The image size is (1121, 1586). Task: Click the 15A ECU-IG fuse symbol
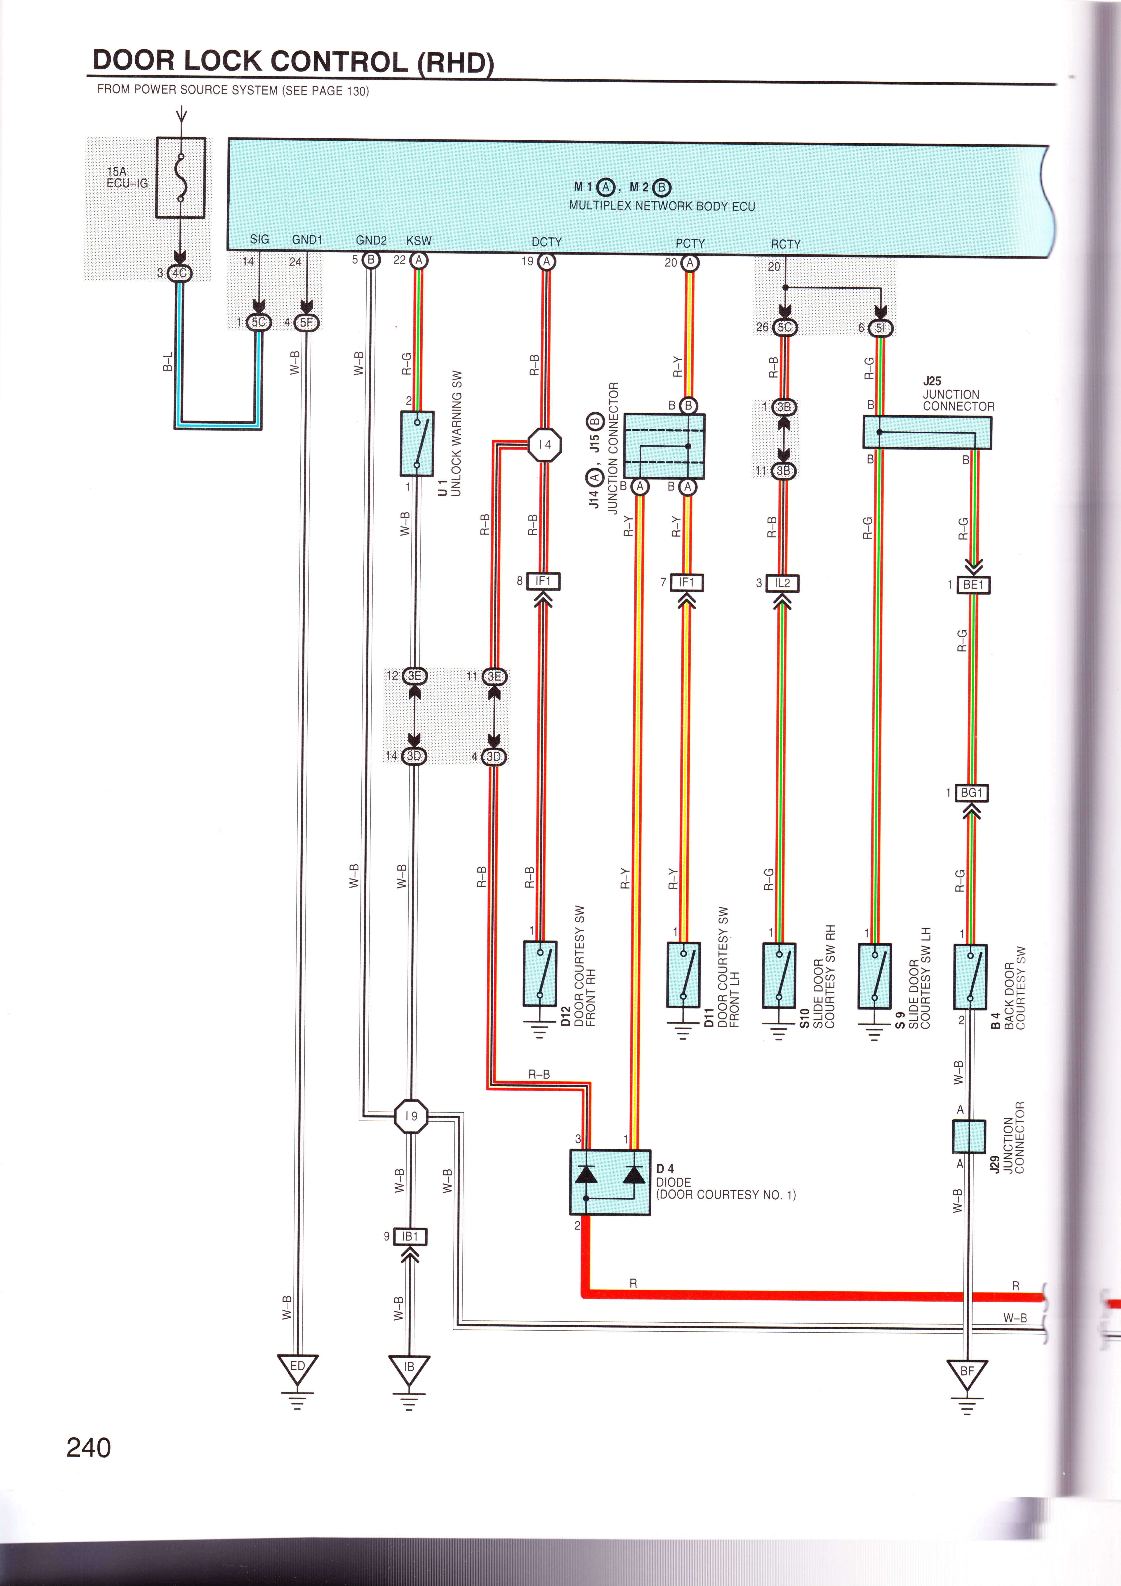[x=180, y=177]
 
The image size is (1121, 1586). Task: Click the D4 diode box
[x=610, y=1182]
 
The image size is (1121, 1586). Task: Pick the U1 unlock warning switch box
[x=417, y=444]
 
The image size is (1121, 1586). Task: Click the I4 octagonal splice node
[x=545, y=445]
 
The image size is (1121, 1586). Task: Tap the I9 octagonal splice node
[x=411, y=1116]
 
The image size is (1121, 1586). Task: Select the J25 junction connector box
[x=927, y=433]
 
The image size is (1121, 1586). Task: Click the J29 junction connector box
[x=968, y=1137]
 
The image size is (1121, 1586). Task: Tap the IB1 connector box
[x=410, y=1236]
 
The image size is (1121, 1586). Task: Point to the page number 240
[x=88, y=1447]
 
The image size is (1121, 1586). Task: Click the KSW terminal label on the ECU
[x=419, y=240]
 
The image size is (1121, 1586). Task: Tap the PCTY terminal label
[x=690, y=243]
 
